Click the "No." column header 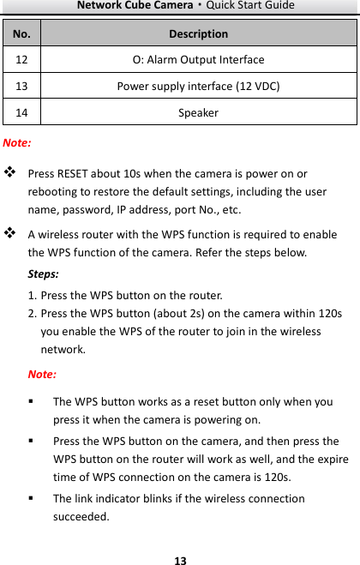click(x=20, y=34)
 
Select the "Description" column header click(x=198, y=34)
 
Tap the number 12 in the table click(x=20, y=60)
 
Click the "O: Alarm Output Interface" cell click(x=198, y=60)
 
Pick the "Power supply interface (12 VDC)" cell click(x=198, y=86)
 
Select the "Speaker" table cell click(x=198, y=112)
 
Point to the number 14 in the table click(x=20, y=112)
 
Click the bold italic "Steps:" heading click(x=44, y=273)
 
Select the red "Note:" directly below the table click(x=18, y=141)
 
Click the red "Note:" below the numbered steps click(x=43, y=374)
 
